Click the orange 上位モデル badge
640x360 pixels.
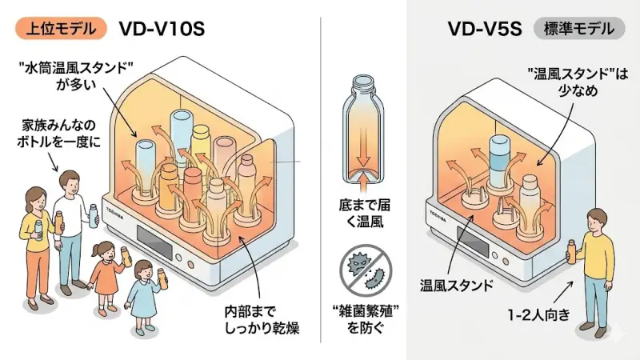point(61,30)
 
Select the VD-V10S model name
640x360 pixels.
point(162,30)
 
